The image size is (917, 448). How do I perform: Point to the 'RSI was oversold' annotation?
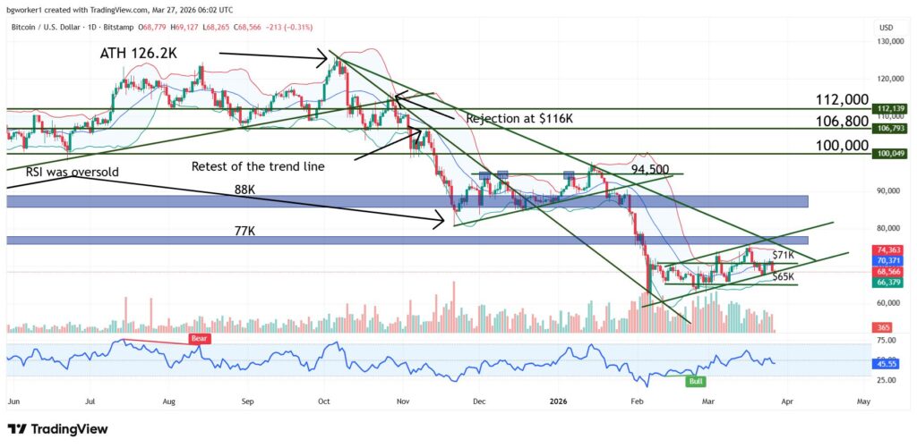tap(61, 171)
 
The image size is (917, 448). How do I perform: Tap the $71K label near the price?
tap(784, 256)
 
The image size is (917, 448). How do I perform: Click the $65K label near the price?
tap(783, 277)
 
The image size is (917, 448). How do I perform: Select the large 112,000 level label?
tap(842, 99)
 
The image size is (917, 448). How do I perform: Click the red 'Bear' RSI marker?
tap(199, 339)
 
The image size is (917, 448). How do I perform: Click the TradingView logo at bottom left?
tap(57, 429)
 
